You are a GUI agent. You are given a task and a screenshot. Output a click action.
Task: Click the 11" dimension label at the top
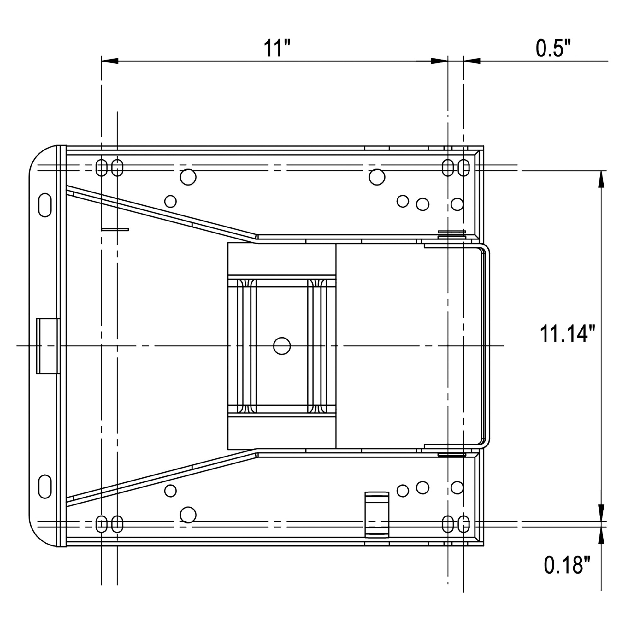[277, 48]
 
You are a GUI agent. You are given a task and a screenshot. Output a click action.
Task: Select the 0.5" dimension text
[553, 48]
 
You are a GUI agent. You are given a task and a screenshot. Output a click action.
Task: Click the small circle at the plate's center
[282, 346]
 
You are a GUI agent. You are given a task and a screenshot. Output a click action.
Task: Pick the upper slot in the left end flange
[45, 205]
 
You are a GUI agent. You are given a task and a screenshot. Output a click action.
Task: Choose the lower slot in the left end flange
[45, 487]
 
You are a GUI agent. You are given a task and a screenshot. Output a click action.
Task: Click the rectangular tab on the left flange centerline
[48, 346]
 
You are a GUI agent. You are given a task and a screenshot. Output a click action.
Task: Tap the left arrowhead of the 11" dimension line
[110, 61]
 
